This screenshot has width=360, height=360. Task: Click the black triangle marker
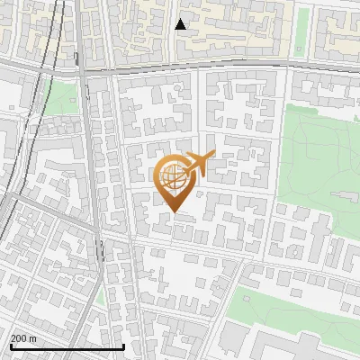180,24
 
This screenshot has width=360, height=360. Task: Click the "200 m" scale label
23,338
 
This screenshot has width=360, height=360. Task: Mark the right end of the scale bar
123,346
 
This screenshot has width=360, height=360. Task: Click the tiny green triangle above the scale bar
101,297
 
